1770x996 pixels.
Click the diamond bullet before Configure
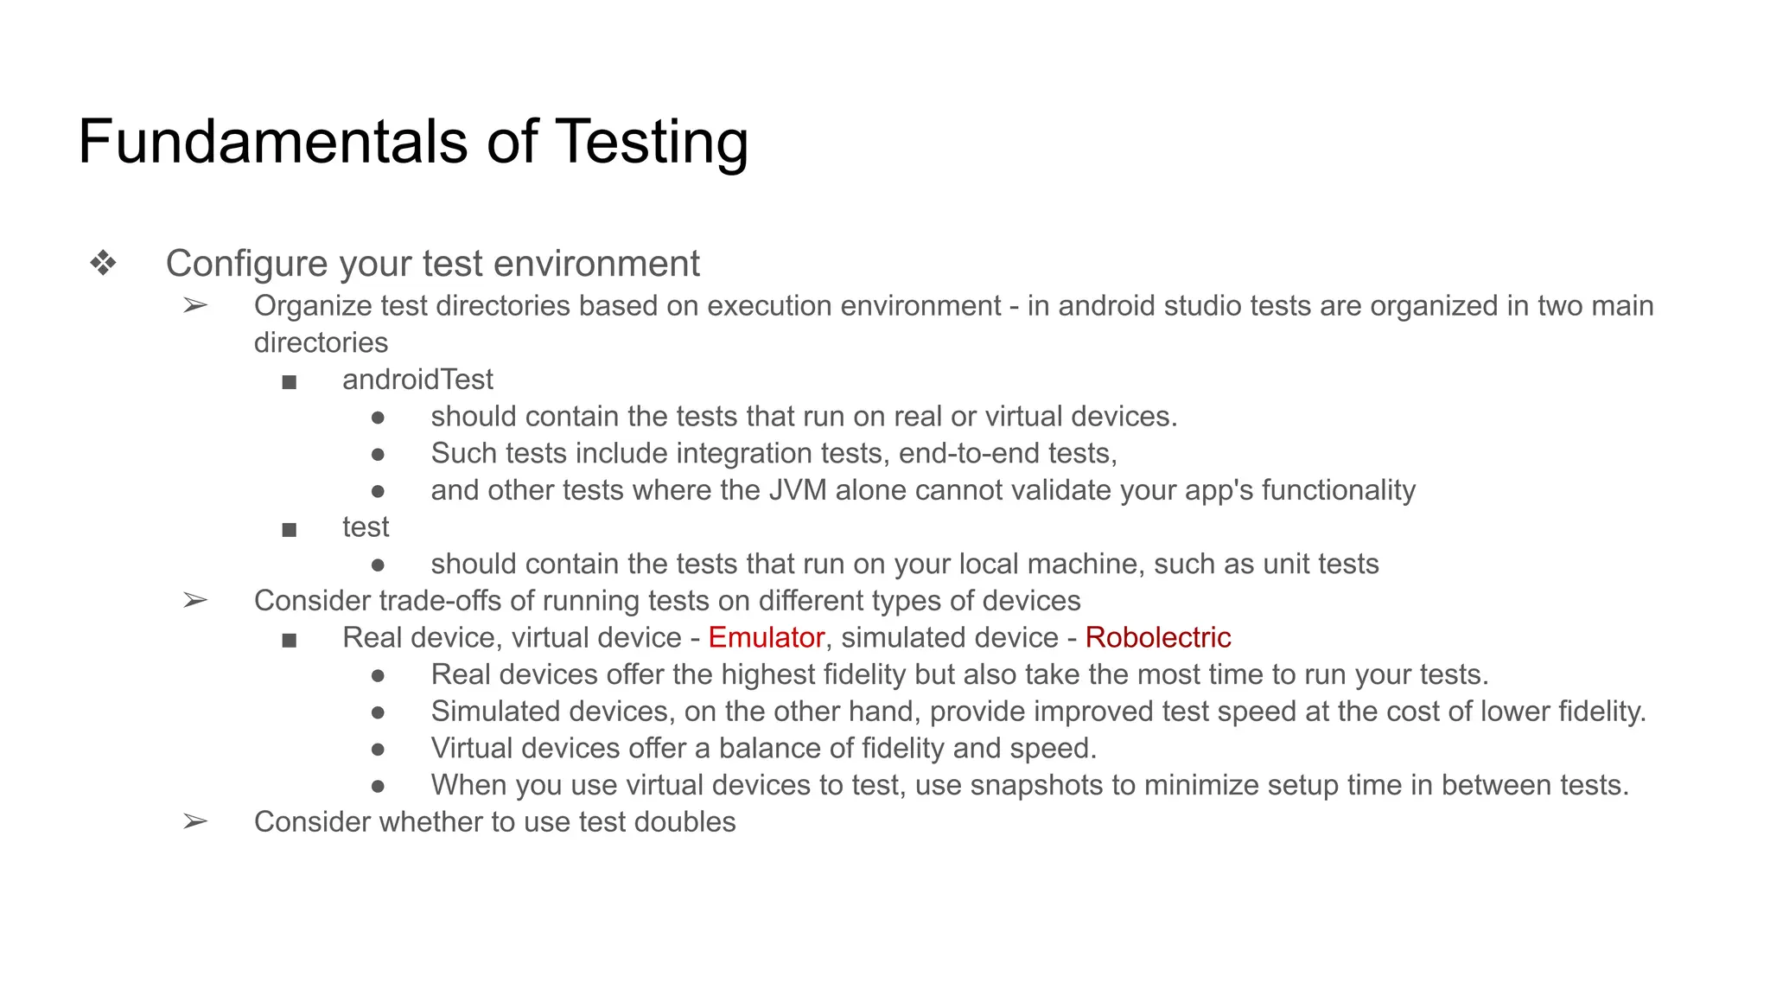104,263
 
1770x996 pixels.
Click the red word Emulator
766,637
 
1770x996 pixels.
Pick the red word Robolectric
1157,637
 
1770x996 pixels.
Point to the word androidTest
417,380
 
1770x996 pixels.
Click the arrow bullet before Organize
195,305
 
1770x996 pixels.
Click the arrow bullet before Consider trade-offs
195,600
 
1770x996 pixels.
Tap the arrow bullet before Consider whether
195,821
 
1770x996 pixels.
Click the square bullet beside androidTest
290,381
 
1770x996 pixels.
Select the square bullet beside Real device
290,640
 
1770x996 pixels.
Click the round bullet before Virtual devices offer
378,750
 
